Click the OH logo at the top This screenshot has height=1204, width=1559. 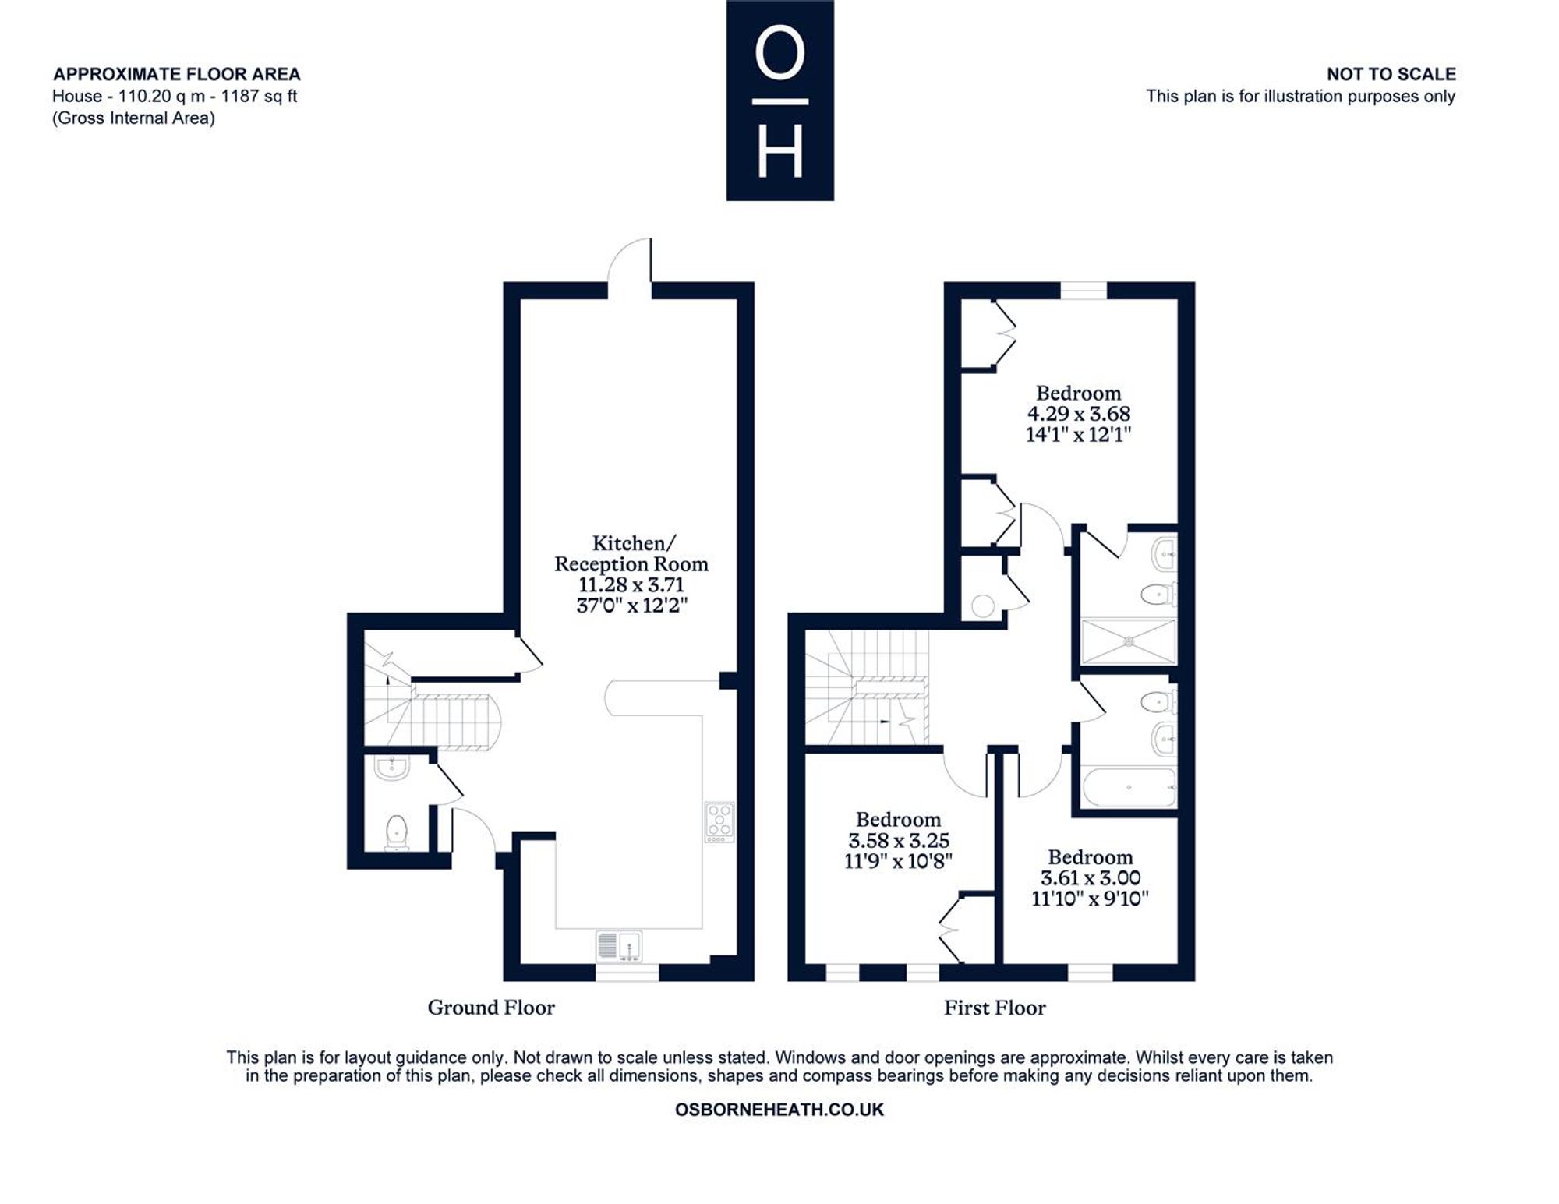pos(779,101)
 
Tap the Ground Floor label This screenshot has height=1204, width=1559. pos(491,1008)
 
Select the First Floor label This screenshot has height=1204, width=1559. pos(995,1008)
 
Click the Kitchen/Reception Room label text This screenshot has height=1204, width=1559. pos(631,553)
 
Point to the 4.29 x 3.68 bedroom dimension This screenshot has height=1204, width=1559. pos(1079,414)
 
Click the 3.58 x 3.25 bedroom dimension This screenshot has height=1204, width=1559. pos(899,840)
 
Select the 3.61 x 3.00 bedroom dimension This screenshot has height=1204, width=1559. pos(1091,878)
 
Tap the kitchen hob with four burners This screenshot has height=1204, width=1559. pos(719,822)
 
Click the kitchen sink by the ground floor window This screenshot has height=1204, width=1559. pos(619,946)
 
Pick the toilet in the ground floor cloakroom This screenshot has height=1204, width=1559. pos(397,832)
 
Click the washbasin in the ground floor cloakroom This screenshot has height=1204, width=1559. pos(391,768)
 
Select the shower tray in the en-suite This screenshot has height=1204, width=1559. pos(1128,641)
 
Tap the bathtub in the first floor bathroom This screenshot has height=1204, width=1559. pos(1128,788)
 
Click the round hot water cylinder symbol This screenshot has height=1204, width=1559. pos(983,606)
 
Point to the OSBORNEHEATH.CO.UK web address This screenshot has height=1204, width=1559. pos(779,1110)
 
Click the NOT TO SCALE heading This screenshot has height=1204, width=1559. pos(1391,74)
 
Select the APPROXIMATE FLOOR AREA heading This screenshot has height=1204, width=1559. pos(177,74)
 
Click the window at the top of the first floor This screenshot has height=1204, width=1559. pos(1084,290)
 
